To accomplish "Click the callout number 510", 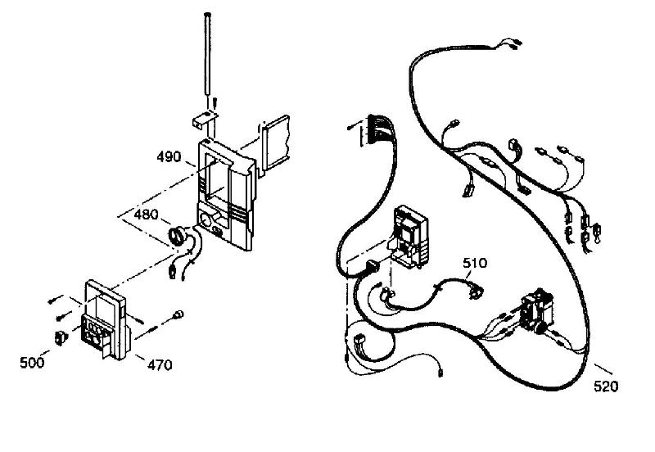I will pos(475,263).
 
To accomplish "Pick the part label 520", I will pos(606,386).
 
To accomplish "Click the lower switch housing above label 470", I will pos(106,319).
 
